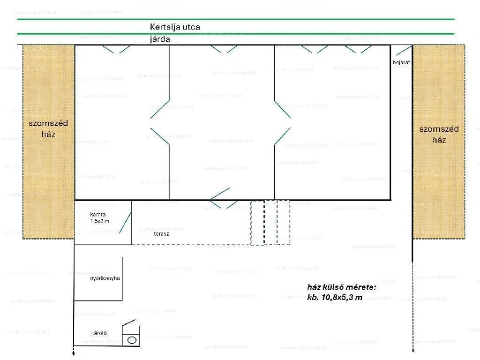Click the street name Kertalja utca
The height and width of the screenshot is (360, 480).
(175, 27)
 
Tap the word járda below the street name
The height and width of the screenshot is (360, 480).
(160, 39)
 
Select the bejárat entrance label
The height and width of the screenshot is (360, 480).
(400, 62)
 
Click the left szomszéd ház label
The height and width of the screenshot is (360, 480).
(48, 128)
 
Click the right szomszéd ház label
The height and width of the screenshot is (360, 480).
(439, 134)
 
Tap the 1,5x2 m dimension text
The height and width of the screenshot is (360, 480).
(100, 221)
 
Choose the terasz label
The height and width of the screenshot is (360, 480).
(161, 233)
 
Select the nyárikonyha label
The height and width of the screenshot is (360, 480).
(105, 278)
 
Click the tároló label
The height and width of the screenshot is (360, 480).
(99, 333)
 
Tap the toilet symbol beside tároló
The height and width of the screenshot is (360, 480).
(132, 339)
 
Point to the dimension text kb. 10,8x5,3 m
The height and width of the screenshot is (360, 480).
(334, 298)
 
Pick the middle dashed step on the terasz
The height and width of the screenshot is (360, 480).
(270, 223)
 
